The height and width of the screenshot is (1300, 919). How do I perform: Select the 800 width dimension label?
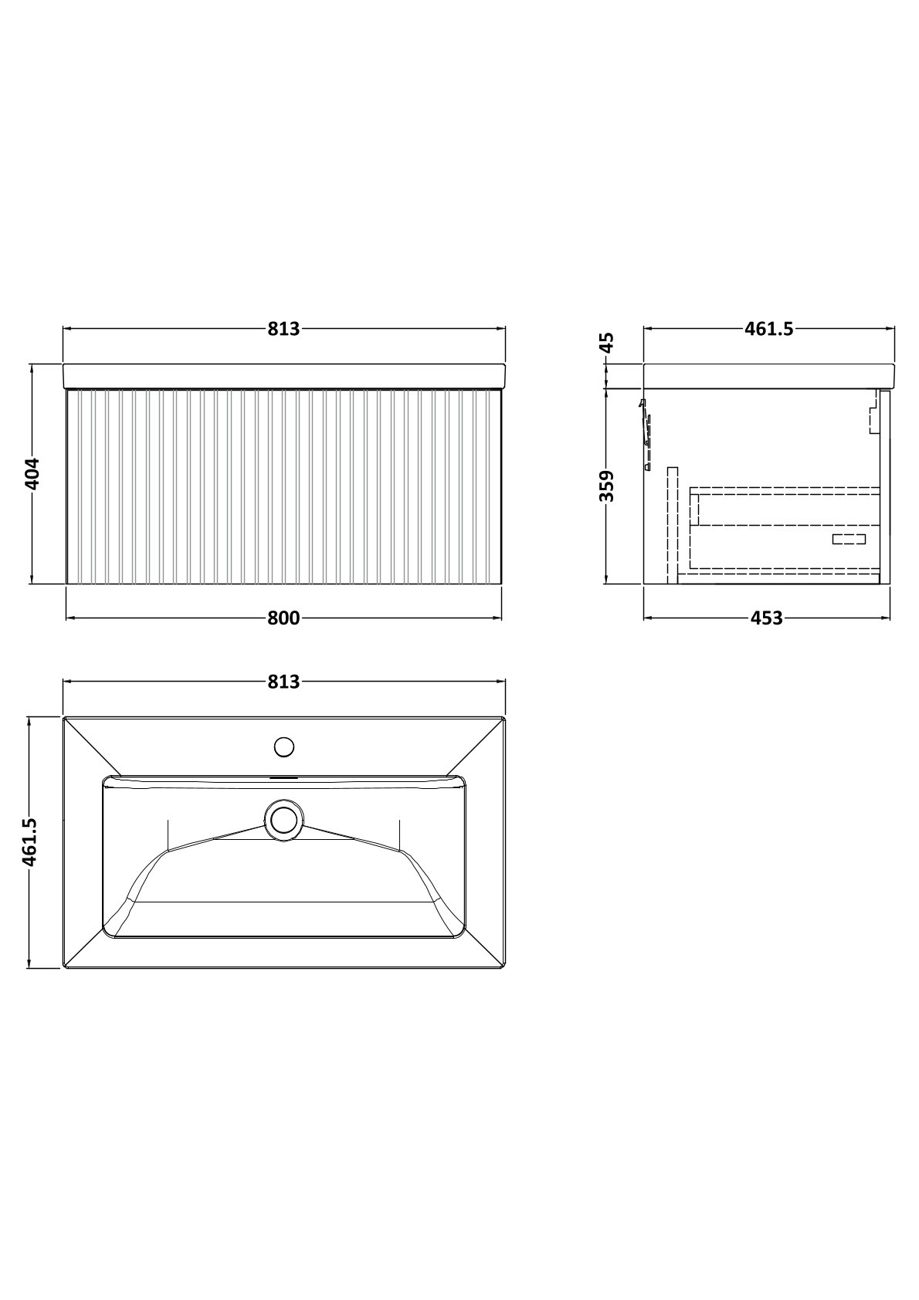(283, 618)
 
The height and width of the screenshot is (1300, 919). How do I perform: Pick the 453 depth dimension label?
(767, 618)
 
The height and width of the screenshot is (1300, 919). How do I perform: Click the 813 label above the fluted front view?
(283, 329)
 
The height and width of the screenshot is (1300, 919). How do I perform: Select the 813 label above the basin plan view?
(283, 682)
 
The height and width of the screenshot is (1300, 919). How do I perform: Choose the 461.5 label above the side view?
(768, 329)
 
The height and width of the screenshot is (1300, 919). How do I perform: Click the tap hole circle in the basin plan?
(284, 746)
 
